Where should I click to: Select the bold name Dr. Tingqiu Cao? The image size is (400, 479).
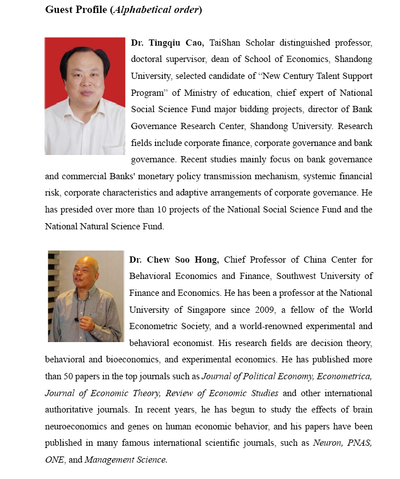coord(167,43)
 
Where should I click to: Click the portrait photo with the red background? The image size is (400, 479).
coord(85,96)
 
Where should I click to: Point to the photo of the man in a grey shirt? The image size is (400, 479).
coord(85,296)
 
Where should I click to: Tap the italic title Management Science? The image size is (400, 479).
coord(126,460)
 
